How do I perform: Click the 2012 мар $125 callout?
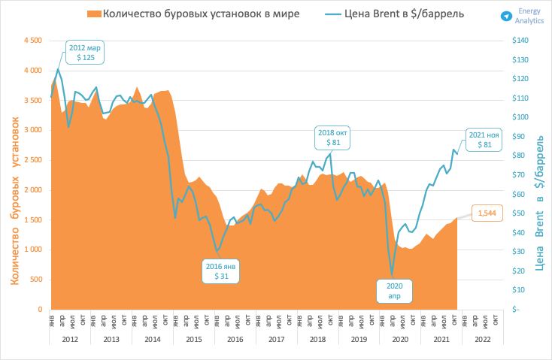point(84,52)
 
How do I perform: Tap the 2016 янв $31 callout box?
point(223,271)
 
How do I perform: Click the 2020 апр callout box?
point(395,291)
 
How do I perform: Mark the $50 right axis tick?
point(518,213)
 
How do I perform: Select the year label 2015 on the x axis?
point(194,340)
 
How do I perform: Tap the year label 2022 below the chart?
point(481,340)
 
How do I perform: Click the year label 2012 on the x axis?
point(71,340)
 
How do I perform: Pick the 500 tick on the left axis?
point(35,280)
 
